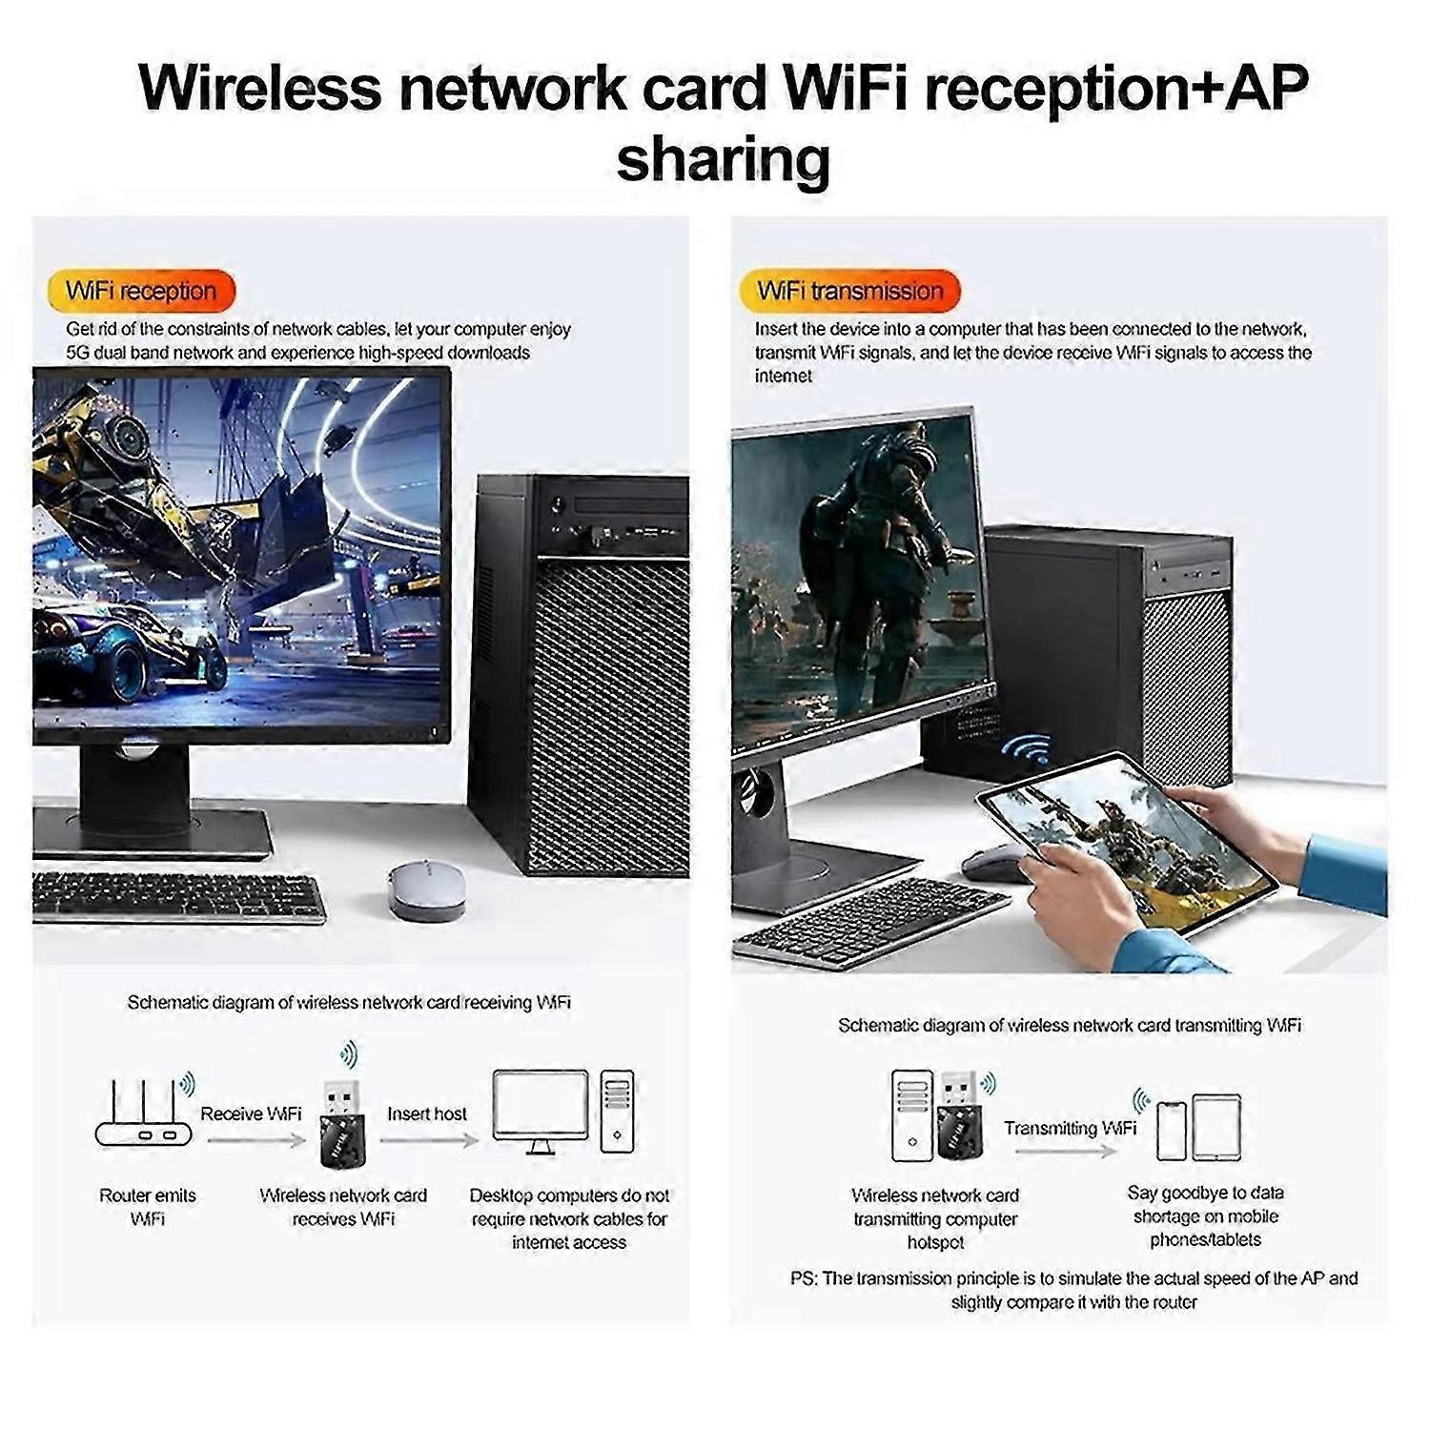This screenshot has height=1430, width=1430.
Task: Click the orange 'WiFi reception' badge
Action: pos(141,291)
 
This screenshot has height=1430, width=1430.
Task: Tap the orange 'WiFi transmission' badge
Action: pos(849,291)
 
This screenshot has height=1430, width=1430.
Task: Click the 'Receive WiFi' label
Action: pos(251,1113)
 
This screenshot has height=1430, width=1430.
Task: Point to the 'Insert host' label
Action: pos(427,1113)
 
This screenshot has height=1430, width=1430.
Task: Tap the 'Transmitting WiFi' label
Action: pos(1070,1128)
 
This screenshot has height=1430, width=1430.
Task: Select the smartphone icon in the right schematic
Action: pos(1172,1132)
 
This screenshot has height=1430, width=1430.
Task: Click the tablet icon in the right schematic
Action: pos(1216,1128)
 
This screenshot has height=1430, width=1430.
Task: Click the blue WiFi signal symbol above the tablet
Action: pos(1026,748)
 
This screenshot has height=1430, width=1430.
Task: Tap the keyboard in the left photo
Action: pos(178,896)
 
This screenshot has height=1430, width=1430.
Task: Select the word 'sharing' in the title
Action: pos(723,158)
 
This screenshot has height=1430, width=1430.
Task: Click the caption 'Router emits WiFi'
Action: pos(148,1207)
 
